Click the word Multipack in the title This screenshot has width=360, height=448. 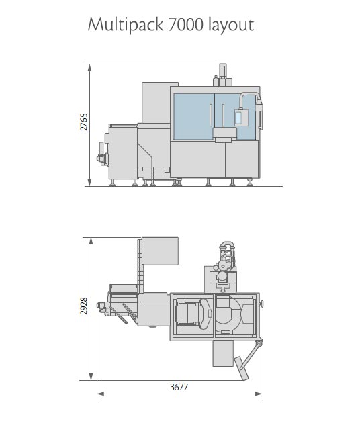pos(126,25)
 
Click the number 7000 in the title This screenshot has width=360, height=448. pos(186,25)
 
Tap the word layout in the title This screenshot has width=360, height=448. pos(231,25)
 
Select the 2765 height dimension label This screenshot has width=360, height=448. pos(83,122)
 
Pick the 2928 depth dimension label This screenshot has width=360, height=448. pos(83,306)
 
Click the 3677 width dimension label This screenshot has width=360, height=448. pos(179,387)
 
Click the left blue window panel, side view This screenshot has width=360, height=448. pos(193,117)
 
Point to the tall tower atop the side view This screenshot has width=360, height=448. pos(223,75)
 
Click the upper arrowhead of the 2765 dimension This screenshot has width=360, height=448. pos(89,67)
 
